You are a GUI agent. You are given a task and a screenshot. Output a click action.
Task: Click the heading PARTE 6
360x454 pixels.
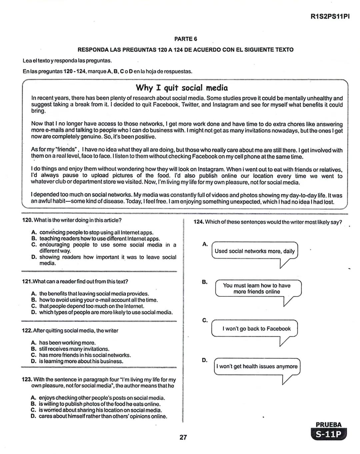(186, 39)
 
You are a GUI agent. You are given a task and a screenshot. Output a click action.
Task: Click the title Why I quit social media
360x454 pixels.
(182, 88)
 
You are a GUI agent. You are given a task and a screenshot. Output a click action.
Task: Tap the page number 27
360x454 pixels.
(183, 437)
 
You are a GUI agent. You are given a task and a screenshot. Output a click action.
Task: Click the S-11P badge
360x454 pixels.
(329, 434)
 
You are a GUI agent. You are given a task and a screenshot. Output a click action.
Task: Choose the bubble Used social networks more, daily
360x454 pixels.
(255, 251)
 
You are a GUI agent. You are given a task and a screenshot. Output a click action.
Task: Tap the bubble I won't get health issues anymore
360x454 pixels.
(257, 366)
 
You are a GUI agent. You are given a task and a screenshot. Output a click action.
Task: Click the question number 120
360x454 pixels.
(27, 220)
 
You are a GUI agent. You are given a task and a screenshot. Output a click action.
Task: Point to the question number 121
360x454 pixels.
(27, 281)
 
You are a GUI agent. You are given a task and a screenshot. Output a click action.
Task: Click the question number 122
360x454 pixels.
(27, 331)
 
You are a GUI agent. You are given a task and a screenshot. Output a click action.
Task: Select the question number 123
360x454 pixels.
(27, 380)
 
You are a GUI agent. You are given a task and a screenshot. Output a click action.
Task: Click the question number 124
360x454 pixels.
(199, 222)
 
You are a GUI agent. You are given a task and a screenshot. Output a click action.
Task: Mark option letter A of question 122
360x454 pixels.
(33, 343)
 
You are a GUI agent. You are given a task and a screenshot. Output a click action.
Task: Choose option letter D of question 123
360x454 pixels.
(33, 416)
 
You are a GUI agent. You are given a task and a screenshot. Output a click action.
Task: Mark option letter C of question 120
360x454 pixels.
(34, 245)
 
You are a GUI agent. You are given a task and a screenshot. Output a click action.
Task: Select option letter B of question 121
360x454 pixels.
(33, 300)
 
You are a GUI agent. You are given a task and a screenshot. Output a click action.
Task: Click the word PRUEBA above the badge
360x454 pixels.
(328, 425)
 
